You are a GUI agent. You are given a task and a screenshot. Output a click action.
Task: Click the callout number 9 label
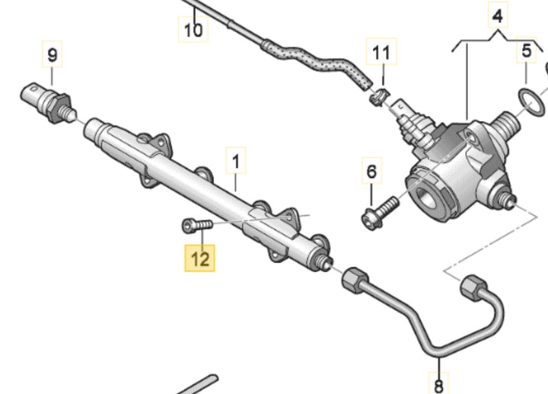coord(53,54)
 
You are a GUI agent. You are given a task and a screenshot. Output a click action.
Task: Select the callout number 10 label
coord(193,30)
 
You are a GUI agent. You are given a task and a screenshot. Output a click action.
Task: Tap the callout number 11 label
coord(381,53)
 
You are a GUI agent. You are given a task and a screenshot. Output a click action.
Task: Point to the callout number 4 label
coord(496,14)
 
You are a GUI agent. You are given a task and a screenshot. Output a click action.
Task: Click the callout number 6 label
coord(371,172)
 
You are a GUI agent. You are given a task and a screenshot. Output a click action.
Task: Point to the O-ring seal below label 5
coord(530,101)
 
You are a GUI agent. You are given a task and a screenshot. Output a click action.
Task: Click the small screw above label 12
coord(194,225)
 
